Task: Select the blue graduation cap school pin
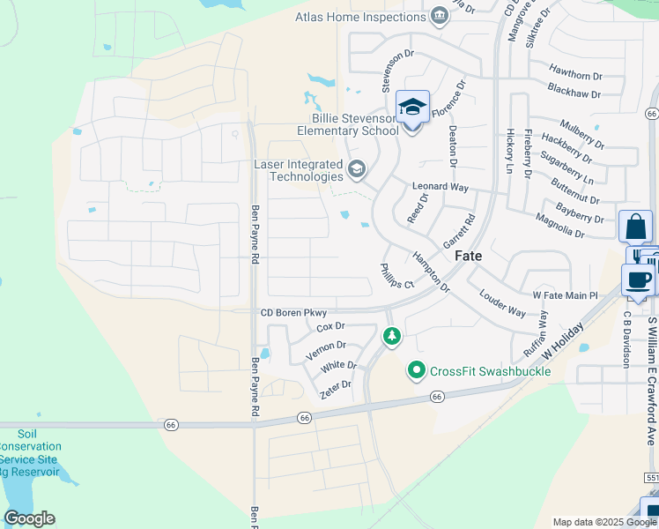tap(412, 108)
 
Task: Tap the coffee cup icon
tap(639, 279)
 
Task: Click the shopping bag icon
tap(635, 227)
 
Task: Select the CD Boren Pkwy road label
tap(293, 312)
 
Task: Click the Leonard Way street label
tap(441, 187)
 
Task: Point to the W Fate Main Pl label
tap(566, 295)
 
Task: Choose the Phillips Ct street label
tap(396, 276)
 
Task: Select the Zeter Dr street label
tap(336, 386)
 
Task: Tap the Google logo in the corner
tap(29, 518)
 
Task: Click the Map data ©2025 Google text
tap(604, 522)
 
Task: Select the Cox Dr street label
tap(329, 327)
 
